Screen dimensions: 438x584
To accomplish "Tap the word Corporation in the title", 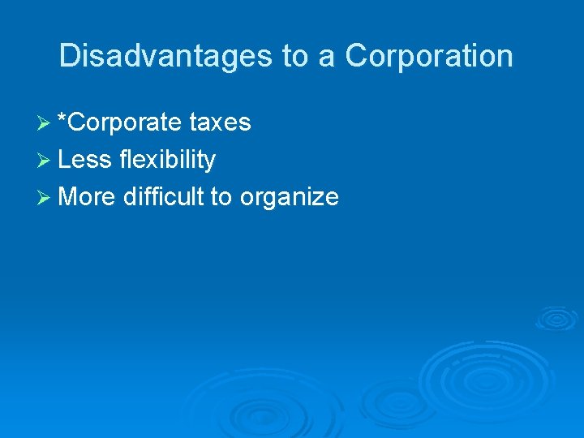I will (x=429, y=56).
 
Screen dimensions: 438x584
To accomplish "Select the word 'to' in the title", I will (x=296, y=56).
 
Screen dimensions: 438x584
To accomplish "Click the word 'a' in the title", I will (x=328, y=57).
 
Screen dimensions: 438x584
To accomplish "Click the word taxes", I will (x=220, y=122).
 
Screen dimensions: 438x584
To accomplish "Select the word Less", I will (x=84, y=160).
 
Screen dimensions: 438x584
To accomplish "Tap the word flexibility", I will (x=167, y=160).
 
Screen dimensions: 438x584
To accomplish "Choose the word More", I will (x=88, y=196).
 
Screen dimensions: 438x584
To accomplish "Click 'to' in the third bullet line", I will (x=221, y=196).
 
